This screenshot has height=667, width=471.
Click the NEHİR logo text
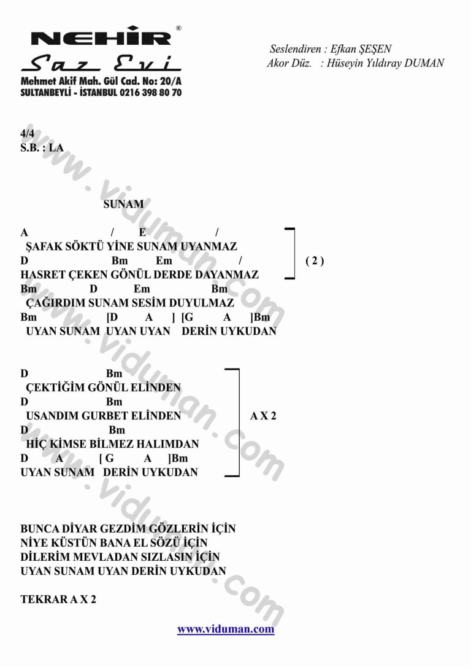(101, 38)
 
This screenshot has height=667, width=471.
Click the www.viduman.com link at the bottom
(226, 629)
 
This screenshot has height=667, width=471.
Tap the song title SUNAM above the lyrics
(124, 205)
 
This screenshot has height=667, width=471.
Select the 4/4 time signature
(27, 133)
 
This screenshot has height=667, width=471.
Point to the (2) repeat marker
(315, 261)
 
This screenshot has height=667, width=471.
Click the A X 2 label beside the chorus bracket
(263, 416)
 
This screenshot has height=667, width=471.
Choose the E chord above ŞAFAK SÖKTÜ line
(142, 232)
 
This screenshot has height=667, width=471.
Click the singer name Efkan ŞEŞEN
(356, 49)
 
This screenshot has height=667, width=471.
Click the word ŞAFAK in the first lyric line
(42, 247)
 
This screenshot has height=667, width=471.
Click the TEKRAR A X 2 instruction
(58, 599)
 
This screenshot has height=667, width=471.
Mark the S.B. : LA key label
(42, 147)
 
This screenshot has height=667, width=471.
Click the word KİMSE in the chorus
(70, 443)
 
